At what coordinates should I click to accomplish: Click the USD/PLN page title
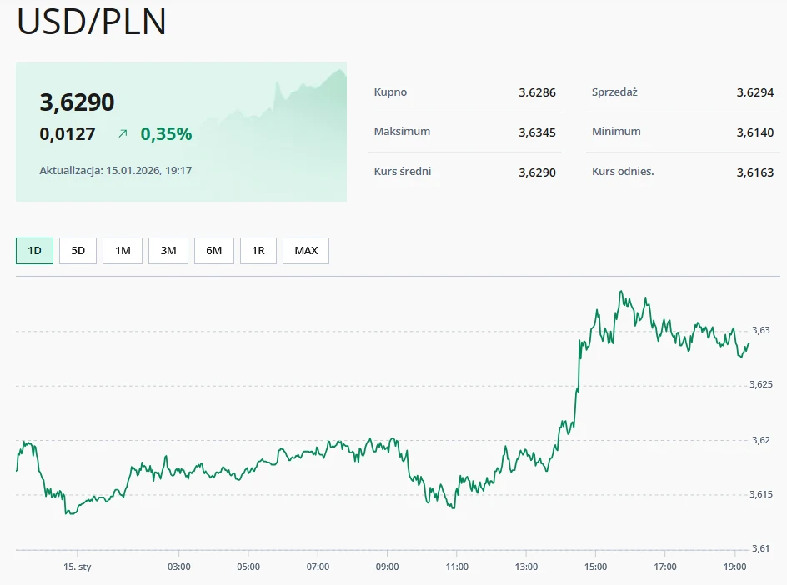pyautogui.click(x=92, y=22)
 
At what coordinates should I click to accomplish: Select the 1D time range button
pyautogui.click(x=34, y=251)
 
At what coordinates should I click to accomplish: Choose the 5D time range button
pyautogui.click(x=78, y=251)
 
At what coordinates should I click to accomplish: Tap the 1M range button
pyautogui.click(x=123, y=251)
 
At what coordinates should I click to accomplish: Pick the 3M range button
pyautogui.click(x=168, y=251)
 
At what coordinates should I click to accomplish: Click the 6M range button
pyautogui.click(x=214, y=251)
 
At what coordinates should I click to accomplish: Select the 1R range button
pyautogui.click(x=258, y=251)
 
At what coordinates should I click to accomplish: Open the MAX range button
pyautogui.click(x=306, y=251)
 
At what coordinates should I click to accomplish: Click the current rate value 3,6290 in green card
pyautogui.click(x=77, y=102)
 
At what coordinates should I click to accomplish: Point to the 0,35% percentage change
pyautogui.click(x=166, y=133)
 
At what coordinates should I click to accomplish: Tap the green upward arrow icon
pyautogui.click(x=123, y=133)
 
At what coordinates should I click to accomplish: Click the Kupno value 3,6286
pyautogui.click(x=537, y=92)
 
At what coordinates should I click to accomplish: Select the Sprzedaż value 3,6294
pyautogui.click(x=755, y=92)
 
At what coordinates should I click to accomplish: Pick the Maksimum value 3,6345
pyautogui.click(x=537, y=132)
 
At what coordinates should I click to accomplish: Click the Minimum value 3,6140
pyautogui.click(x=755, y=132)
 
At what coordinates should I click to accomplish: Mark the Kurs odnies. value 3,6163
pyautogui.click(x=755, y=172)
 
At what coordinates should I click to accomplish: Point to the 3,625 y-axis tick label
pyautogui.click(x=761, y=385)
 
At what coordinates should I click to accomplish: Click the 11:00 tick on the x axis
pyautogui.click(x=456, y=567)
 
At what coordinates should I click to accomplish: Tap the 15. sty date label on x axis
pyautogui.click(x=77, y=567)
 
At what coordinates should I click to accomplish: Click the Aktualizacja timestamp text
pyautogui.click(x=116, y=170)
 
